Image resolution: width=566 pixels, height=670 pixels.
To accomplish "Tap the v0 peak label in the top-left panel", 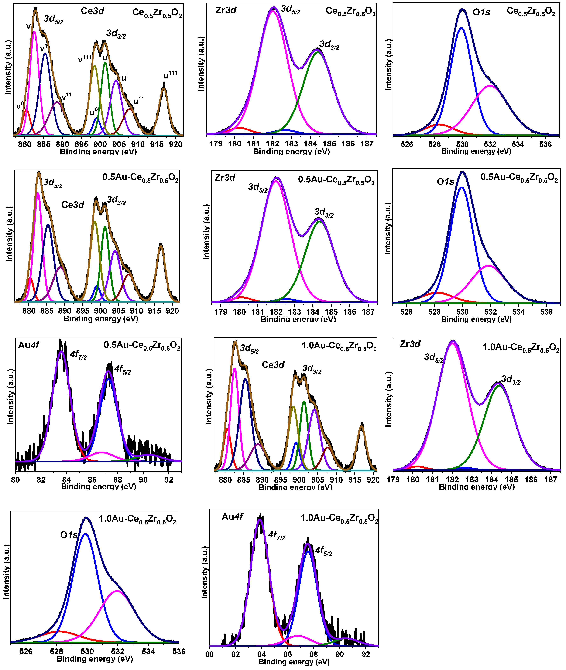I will pos(20,105).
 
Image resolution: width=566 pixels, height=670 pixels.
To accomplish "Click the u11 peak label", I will pos(139,101).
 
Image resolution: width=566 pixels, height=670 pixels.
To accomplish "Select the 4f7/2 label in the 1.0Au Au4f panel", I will pos(277,535).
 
